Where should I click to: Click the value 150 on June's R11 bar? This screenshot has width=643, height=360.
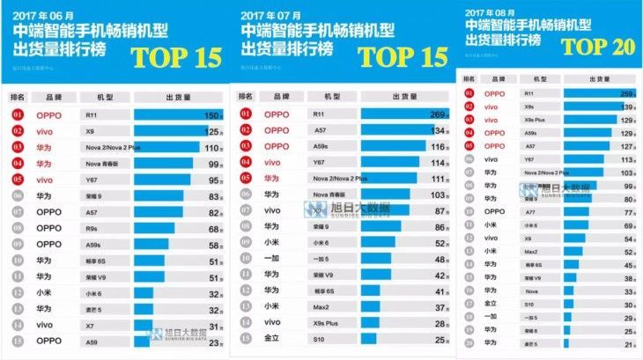click(209, 115)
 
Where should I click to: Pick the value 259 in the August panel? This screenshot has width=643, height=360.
click(626, 92)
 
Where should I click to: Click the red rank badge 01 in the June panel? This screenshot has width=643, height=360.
click(17, 115)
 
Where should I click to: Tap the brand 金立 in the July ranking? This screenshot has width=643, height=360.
click(271, 336)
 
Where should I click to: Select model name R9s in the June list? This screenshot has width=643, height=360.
click(91, 229)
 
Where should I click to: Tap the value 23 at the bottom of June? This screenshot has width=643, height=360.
click(211, 341)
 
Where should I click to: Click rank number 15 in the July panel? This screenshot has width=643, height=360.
click(241, 336)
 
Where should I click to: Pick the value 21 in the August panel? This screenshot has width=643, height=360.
click(627, 346)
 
